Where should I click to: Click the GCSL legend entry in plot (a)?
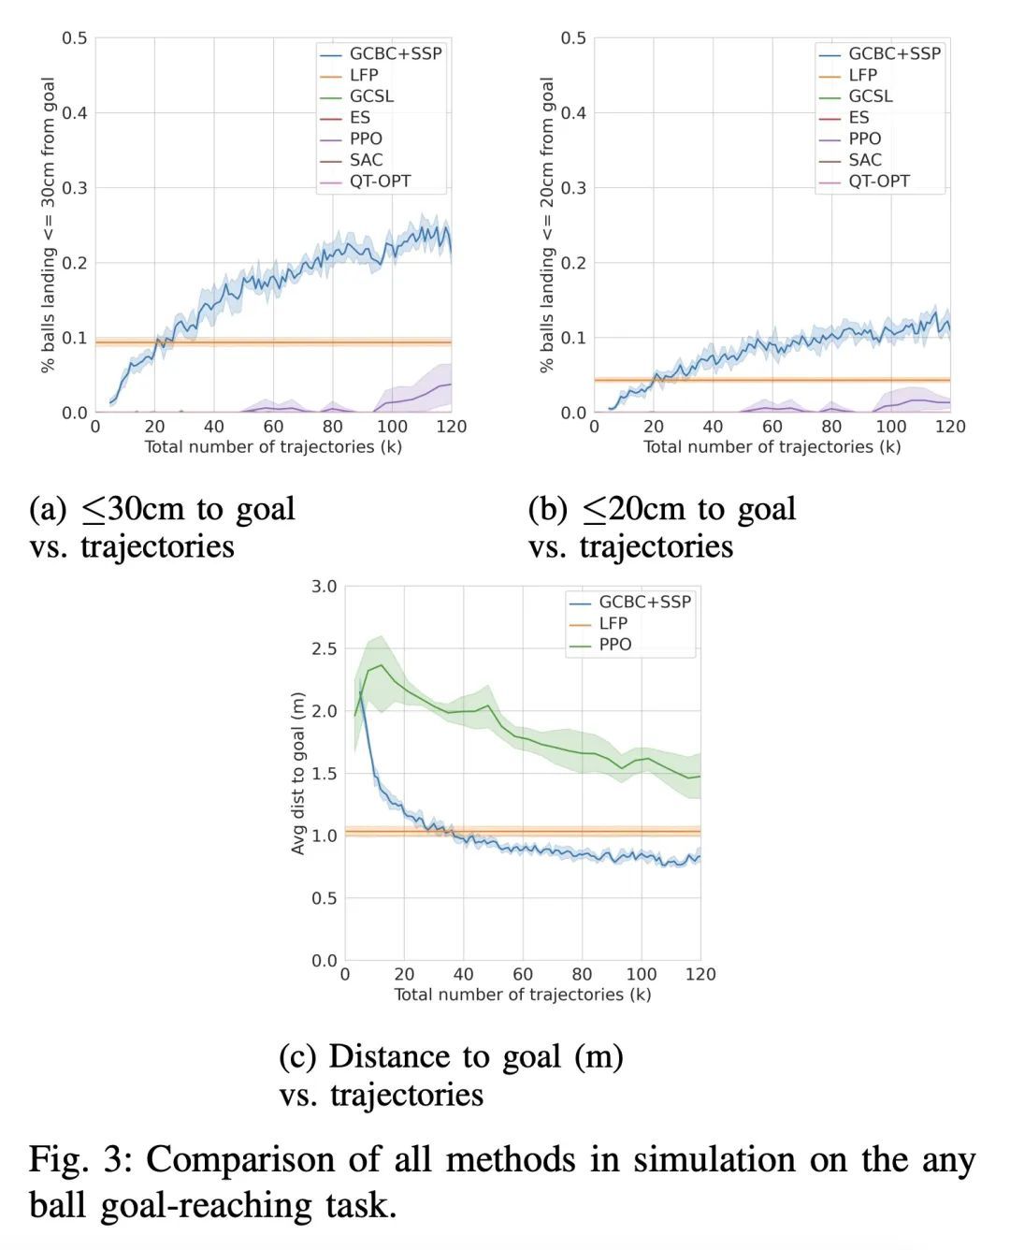(x=371, y=96)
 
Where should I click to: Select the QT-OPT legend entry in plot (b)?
(x=878, y=182)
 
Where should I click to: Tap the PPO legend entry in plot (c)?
(x=614, y=645)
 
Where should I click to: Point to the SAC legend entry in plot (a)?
(x=366, y=160)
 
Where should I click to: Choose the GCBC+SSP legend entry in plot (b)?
(x=893, y=54)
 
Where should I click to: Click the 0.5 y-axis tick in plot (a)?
(x=75, y=38)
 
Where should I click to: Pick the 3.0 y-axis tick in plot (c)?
(x=324, y=587)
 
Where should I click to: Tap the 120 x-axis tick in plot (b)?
(x=950, y=427)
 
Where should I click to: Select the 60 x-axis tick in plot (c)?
(x=523, y=974)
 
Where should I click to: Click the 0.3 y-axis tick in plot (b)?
(x=573, y=188)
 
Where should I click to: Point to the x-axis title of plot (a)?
(x=273, y=447)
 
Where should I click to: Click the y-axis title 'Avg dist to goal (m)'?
(x=298, y=773)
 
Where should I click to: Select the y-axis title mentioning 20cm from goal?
(x=547, y=225)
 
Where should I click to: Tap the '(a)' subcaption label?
(x=49, y=509)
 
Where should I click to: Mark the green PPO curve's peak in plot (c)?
(x=380, y=665)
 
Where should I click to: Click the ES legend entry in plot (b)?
(x=858, y=118)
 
